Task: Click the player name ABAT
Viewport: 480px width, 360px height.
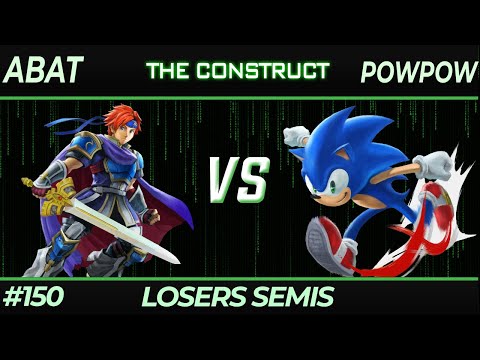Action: pyautogui.click(x=44, y=71)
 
